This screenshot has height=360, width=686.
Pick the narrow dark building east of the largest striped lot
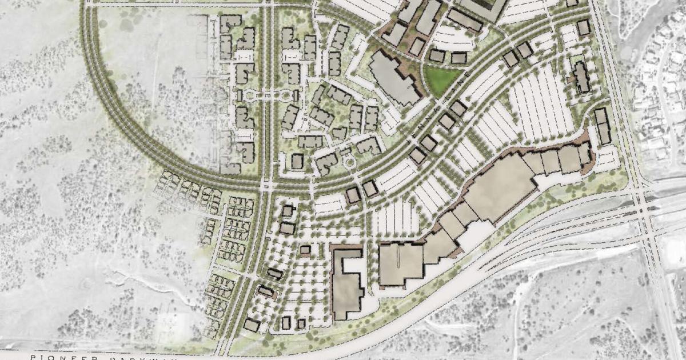click(x=581, y=78)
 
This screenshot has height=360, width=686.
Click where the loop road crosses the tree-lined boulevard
click(x=267, y=186)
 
